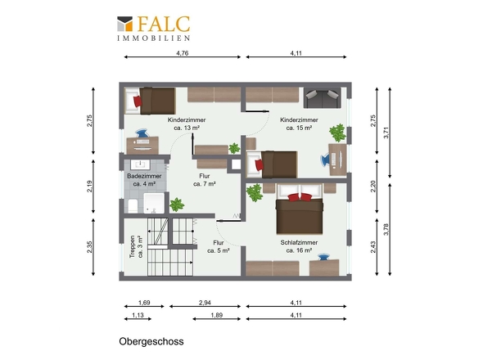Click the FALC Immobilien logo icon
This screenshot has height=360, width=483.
tap(124, 24)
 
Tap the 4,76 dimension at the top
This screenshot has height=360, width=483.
tap(183, 53)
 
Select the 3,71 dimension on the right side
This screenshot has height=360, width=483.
tap(386, 133)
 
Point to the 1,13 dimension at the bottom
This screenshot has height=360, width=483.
tap(138, 315)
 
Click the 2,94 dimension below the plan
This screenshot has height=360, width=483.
tap(205, 303)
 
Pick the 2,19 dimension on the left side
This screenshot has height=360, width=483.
tap(89, 187)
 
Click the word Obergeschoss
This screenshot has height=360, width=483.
tap(151, 341)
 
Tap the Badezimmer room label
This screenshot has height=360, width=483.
tap(144, 176)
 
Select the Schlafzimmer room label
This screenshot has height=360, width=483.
tap(299, 243)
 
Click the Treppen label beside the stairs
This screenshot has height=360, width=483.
tap(133, 246)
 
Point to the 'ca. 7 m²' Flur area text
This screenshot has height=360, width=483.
tap(205, 184)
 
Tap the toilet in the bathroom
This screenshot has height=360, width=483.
tap(133, 205)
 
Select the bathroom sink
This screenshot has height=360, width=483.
tap(140, 164)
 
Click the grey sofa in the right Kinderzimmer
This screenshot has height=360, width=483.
tap(323, 97)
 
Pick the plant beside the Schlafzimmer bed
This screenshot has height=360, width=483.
tap(255, 192)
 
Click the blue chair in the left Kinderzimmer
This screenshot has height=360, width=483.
tap(142, 133)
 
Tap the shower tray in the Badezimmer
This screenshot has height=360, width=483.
tap(154, 203)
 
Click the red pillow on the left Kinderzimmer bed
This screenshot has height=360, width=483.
tap(138, 101)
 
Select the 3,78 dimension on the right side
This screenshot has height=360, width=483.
tap(386, 229)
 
